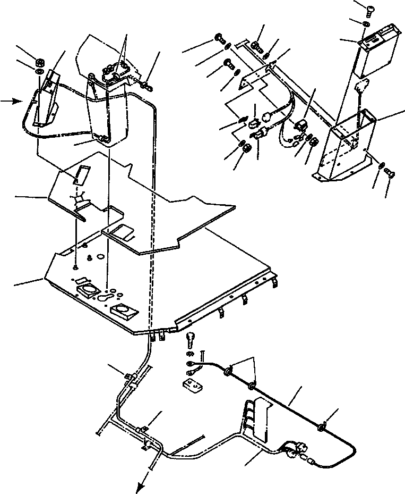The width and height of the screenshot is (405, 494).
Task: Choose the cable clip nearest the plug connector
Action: point(322,425)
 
